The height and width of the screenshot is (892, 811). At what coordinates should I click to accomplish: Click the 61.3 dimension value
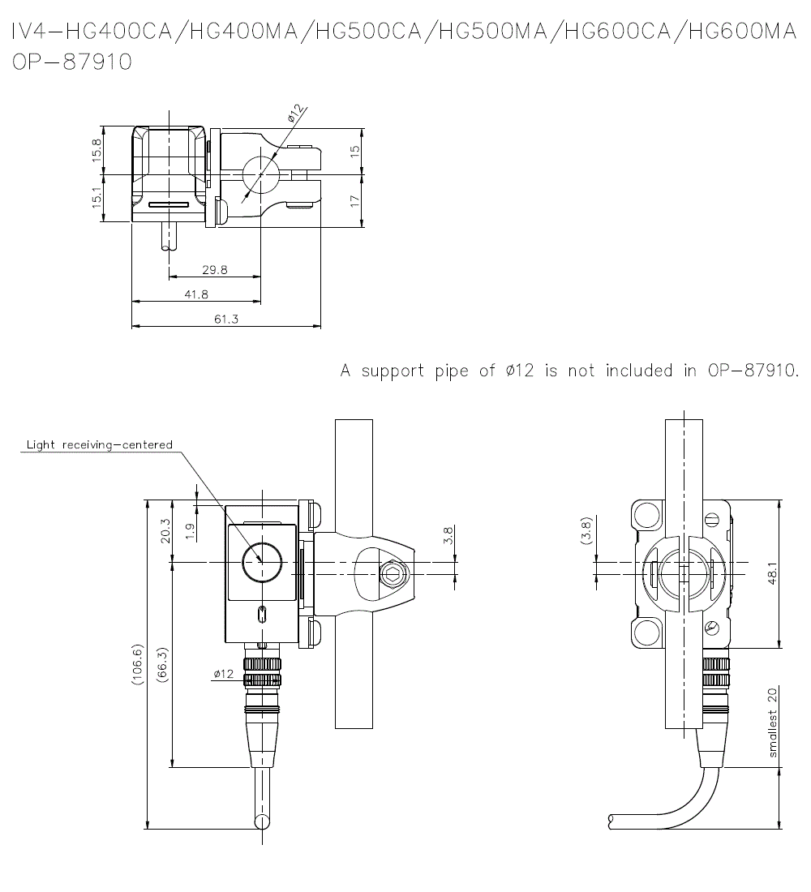tap(226, 319)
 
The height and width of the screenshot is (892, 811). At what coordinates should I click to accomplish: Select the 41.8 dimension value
tap(196, 294)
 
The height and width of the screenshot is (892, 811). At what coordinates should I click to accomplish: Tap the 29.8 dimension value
tap(215, 270)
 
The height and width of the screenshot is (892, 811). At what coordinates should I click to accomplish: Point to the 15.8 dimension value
tap(97, 151)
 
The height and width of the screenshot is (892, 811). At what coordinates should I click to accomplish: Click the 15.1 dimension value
tap(97, 198)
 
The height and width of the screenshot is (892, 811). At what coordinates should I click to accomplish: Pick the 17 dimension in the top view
tap(355, 201)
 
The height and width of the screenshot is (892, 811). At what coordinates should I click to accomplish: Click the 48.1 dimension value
tap(772, 574)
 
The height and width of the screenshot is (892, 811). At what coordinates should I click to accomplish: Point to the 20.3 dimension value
tap(165, 531)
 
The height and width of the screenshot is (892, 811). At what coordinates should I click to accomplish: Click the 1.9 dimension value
tap(190, 531)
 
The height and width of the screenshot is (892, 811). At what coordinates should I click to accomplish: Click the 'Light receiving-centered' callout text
tap(100, 445)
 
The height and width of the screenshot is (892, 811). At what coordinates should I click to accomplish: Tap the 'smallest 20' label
tap(772, 723)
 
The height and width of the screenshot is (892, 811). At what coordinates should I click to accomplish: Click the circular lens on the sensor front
tap(263, 562)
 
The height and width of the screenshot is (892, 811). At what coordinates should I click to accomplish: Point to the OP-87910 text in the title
tap(72, 62)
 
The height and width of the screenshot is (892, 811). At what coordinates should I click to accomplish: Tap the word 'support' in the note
tap(393, 371)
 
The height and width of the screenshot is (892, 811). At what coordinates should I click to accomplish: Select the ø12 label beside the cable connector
tap(223, 674)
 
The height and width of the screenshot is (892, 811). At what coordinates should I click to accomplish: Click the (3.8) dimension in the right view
tap(586, 531)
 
